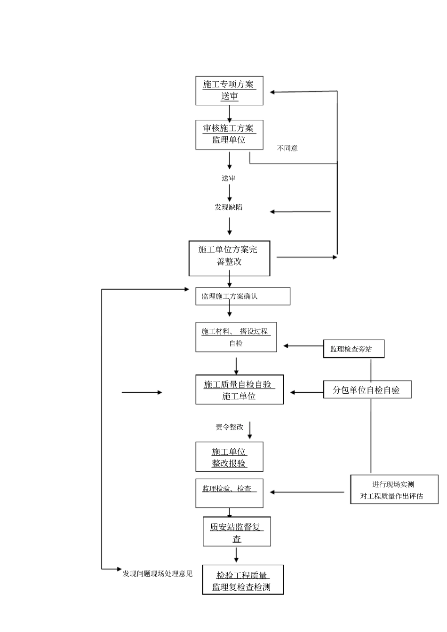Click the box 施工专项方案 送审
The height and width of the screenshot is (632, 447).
(229, 91)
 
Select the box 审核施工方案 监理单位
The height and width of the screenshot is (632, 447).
(229, 135)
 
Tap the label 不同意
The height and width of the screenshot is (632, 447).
(287, 148)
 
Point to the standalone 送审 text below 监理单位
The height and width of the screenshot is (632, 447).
(229, 179)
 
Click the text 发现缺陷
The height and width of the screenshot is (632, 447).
(229, 207)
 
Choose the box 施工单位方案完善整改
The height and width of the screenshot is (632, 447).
(229, 258)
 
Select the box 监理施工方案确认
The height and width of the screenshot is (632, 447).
(243, 296)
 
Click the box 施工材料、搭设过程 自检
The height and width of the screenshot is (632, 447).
(236, 337)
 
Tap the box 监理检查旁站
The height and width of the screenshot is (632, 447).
(353, 349)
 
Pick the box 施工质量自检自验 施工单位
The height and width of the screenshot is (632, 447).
(239, 390)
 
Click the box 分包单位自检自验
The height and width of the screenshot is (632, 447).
(367, 390)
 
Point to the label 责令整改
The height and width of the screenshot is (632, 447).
(230, 427)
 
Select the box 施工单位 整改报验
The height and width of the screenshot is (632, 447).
(229, 457)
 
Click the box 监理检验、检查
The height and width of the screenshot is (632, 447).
(229, 493)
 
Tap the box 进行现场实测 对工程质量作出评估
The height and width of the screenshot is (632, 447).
(394, 490)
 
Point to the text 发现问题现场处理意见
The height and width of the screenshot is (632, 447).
(158, 574)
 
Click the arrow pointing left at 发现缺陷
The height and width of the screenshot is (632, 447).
(300, 212)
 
